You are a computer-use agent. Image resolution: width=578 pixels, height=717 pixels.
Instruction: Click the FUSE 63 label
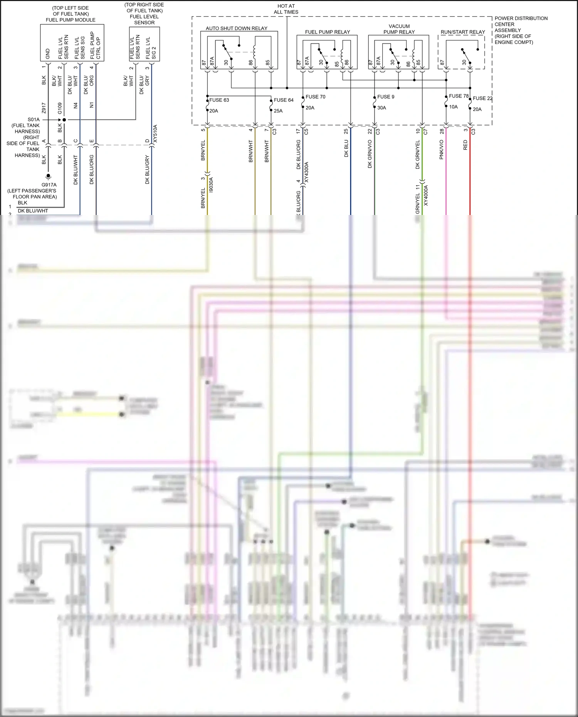[x=219, y=100]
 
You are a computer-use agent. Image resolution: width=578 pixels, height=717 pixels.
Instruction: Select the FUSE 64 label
[x=283, y=100]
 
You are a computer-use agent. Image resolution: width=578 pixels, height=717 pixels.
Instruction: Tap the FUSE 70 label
[x=315, y=97]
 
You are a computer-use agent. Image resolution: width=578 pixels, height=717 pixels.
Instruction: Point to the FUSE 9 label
[x=385, y=97]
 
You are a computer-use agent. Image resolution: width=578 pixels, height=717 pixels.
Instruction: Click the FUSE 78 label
[x=459, y=96]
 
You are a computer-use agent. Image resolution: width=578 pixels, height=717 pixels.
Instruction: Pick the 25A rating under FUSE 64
[x=278, y=111]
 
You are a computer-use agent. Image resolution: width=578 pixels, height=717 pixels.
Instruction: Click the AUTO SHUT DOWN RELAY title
[x=236, y=29]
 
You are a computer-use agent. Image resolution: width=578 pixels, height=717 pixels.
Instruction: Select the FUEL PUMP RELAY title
[x=328, y=32]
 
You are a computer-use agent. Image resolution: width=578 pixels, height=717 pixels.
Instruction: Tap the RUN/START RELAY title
[x=463, y=32]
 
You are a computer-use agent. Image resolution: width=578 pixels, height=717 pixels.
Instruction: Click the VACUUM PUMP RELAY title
[x=399, y=29]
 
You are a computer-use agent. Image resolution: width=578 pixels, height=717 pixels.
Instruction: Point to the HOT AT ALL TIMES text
[x=286, y=9]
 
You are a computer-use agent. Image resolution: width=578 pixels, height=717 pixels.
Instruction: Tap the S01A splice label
[x=34, y=119]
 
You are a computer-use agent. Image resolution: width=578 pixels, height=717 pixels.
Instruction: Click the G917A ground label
[x=49, y=185]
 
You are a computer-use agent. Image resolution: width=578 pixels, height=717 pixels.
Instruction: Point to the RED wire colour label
[x=465, y=145]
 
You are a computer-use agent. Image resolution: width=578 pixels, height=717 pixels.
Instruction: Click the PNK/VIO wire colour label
[x=441, y=149]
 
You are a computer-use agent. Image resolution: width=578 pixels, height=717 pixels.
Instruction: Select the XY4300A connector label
[x=306, y=172]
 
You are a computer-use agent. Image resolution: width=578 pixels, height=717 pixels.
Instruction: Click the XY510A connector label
[x=155, y=134]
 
